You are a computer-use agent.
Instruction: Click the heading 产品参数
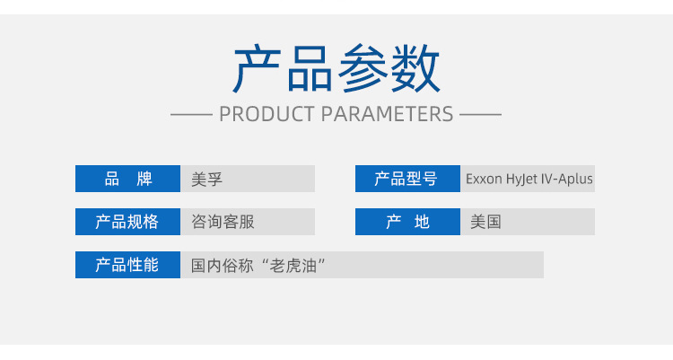(x=336, y=69)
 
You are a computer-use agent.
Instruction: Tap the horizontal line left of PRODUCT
(x=190, y=115)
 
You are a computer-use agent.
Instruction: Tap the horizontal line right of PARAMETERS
(x=480, y=115)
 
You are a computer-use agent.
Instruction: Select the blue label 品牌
(x=128, y=179)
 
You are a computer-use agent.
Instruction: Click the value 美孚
(x=206, y=179)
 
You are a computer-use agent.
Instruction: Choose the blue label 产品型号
(x=406, y=179)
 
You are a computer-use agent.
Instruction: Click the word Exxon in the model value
(x=483, y=179)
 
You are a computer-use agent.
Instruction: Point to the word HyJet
(x=521, y=179)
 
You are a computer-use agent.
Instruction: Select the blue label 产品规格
(x=128, y=222)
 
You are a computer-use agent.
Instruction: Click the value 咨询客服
(x=223, y=222)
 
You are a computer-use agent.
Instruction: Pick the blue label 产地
(x=407, y=222)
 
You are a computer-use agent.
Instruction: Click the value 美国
(x=485, y=222)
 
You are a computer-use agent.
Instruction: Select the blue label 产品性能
(x=128, y=265)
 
